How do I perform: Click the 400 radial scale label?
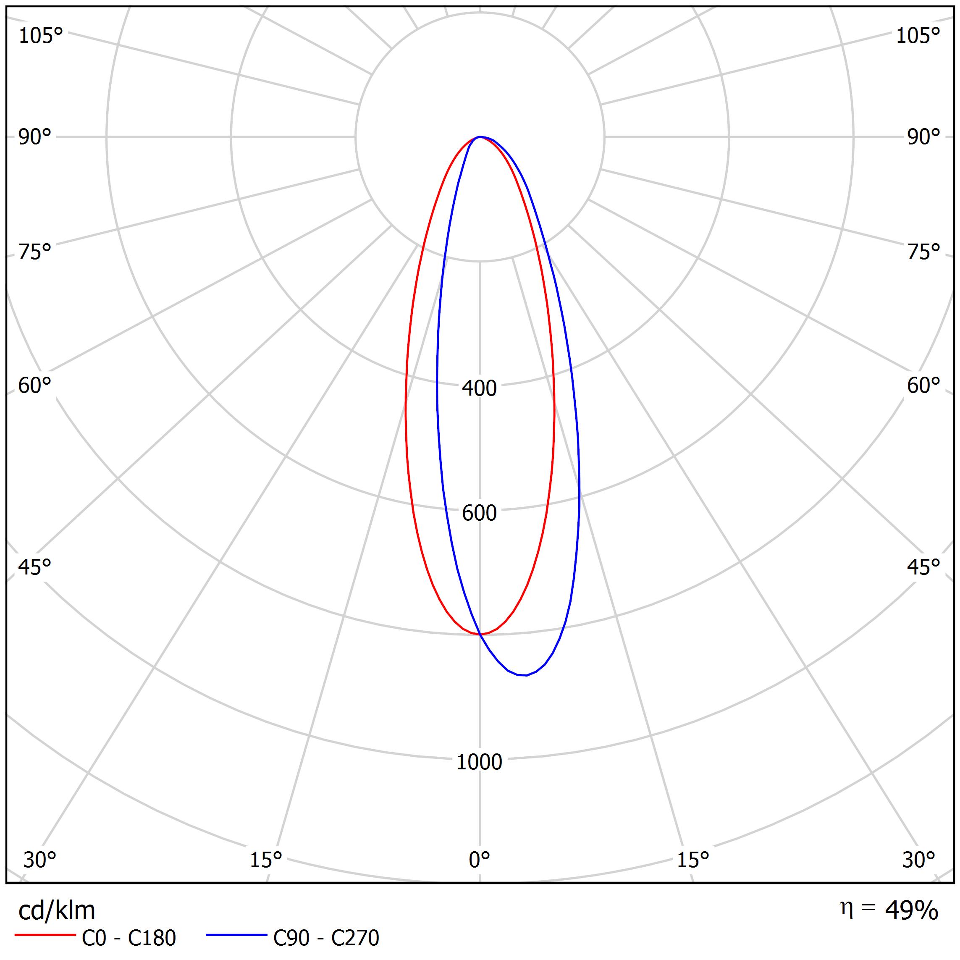pyautogui.click(x=479, y=388)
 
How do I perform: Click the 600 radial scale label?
pyautogui.click(x=479, y=513)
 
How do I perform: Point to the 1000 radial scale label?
pyautogui.click(x=479, y=762)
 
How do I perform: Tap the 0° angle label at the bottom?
pyautogui.click(x=479, y=860)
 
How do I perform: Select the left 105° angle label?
pyautogui.click(x=41, y=36)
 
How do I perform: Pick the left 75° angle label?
pyautogui.click(x=35, y=252)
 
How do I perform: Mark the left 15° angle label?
pyautogui.click(x=266, y=860)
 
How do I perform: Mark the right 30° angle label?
pyautogui.click(x=919, y=860)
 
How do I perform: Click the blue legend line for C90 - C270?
pyautogui.click(x=236, y=935)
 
